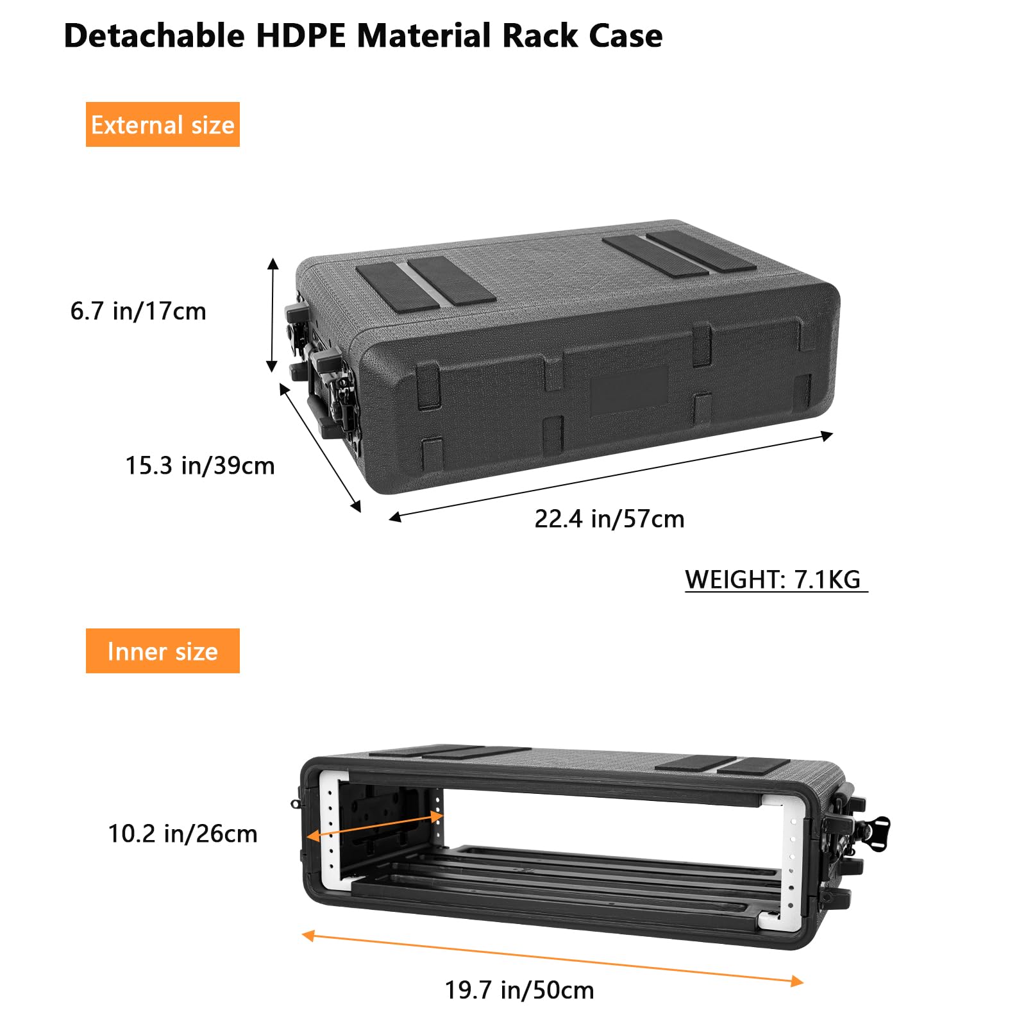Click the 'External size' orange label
(x=162, y=124)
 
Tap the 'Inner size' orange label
(x=162, y=651)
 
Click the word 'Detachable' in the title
(x=154, y=36)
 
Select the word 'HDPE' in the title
(x=301, y=36)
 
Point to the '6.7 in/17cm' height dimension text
(x=138, y=311)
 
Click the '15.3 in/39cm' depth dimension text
(x=199, y=466)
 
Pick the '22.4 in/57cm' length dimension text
(x=609, y=519)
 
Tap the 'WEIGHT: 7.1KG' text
(x=773, y=579)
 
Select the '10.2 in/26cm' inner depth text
(x=182, y=834)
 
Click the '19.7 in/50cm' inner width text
(x=519, y=990)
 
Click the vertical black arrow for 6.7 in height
(x=273, y=315)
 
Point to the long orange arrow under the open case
(x=551, y=959)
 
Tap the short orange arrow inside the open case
(x=375, y=827)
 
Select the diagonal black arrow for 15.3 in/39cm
(x=319, y=447)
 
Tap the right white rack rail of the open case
(x=789, y=859)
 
